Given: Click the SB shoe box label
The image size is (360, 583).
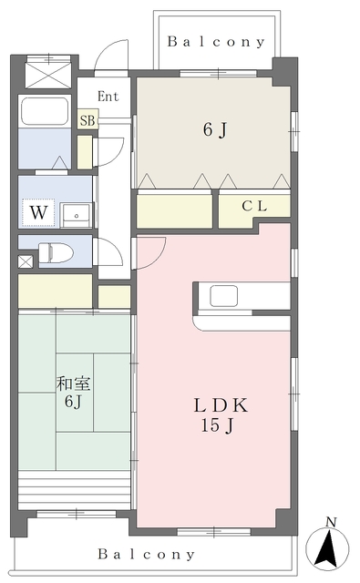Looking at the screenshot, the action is pos(87,120).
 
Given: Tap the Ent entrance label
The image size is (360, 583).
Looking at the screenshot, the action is pos(108,97).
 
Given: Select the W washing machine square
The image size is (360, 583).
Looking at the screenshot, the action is pos(38,212).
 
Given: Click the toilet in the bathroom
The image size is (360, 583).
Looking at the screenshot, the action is pos(56,253).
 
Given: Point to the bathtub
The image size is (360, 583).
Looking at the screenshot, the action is pos(45,111).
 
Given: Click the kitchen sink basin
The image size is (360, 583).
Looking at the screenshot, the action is pos(223,295).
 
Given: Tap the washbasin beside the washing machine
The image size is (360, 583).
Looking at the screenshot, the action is pos(77,215).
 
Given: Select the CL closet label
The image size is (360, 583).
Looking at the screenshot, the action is pos(254,206).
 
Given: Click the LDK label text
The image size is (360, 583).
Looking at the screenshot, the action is pos(221,405).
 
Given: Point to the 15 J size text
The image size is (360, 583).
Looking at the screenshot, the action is pos(218,425).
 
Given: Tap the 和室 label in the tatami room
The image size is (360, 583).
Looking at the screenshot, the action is pos(74,384).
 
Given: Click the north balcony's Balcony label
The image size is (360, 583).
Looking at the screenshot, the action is pos(216,42).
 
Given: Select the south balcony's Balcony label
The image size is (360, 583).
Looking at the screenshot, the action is pos(146,555).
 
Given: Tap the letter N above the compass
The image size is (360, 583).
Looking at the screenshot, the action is pos(331,522).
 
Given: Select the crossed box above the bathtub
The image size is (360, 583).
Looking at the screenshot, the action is pos(48,76).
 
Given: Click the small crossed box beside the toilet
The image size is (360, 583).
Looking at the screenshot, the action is pos(26,261).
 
